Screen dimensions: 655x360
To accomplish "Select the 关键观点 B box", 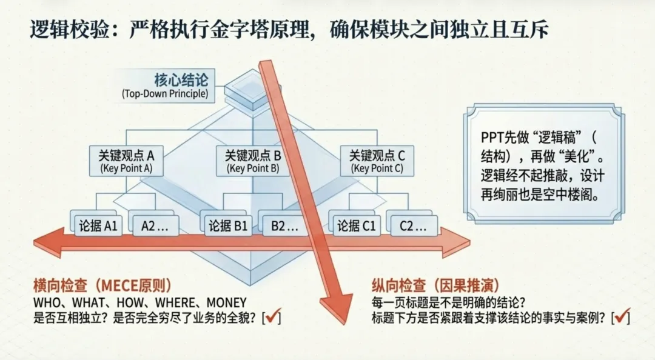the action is click(252, 161).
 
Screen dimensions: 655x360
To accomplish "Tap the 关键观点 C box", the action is click(377, 161).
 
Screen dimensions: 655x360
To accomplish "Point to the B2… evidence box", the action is click(284, 226).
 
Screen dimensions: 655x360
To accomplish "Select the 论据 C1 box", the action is click(357, 226).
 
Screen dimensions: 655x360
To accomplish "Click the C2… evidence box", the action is click(413, 226).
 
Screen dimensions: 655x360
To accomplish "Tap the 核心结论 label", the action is click(181, 80).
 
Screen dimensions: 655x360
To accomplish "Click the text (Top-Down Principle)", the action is click(164, 94).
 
